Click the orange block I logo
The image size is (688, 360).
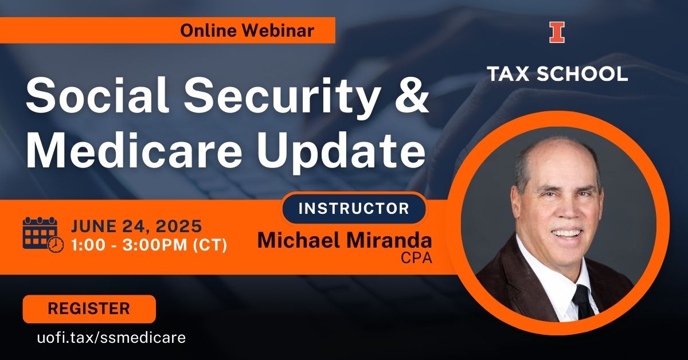(557, 32)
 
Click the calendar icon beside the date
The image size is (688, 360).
(44, 235)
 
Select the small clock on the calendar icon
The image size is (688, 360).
(56, 245)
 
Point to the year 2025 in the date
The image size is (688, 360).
(179, 226)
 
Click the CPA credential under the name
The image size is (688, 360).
(416, 258)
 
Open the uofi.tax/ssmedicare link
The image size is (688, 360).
(111, 338)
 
